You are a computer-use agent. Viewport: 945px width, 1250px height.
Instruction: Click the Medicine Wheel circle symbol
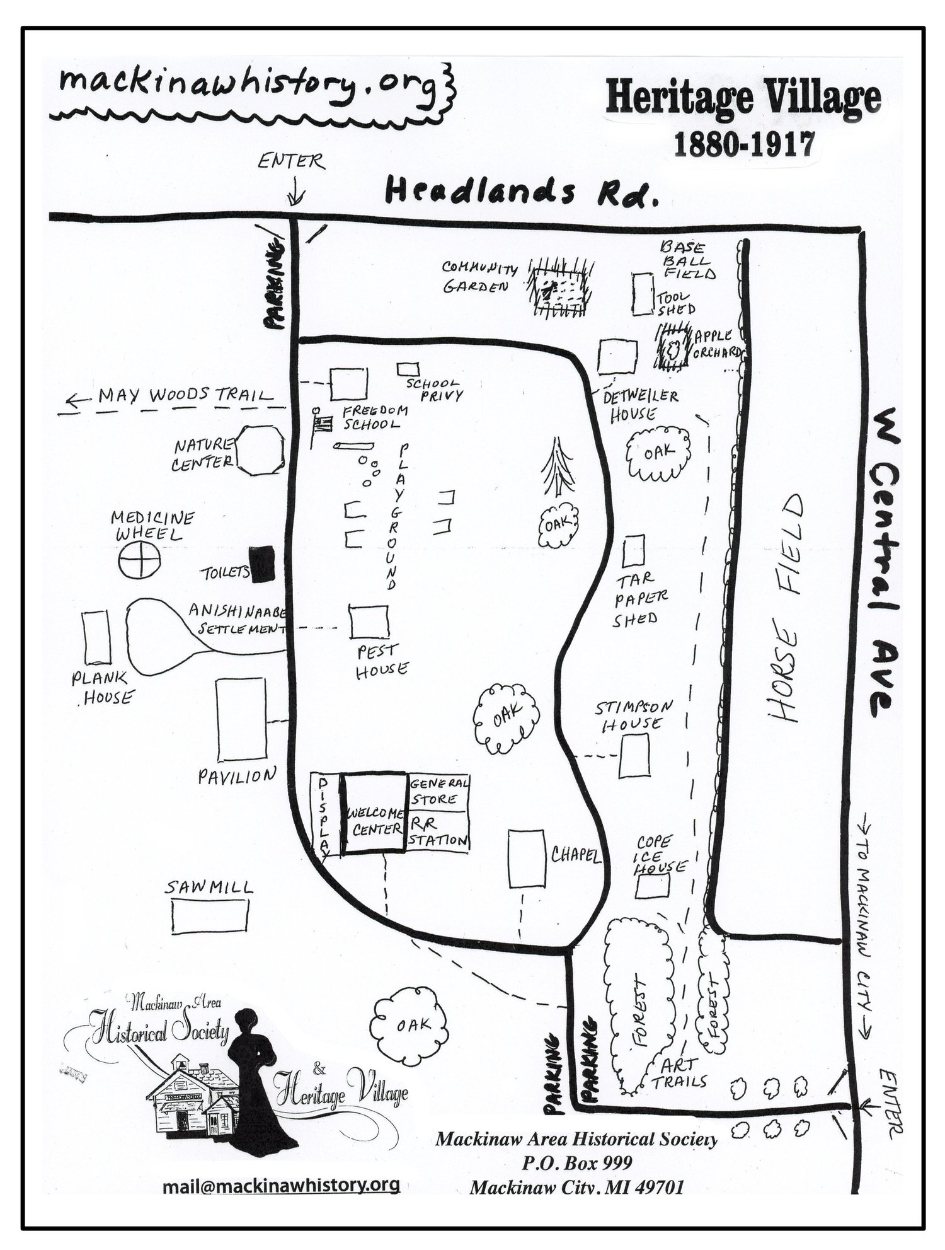[139, 560]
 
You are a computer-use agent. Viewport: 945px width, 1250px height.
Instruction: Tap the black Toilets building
[262, 564]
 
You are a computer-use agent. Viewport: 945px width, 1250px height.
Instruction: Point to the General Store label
[439, 791]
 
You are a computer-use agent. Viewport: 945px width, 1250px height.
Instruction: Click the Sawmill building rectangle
[210, 916]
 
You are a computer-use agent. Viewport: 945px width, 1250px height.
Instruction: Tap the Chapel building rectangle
[526, 859]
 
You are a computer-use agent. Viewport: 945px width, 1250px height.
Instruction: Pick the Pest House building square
[369, 622]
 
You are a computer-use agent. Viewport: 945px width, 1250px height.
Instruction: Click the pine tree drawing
[558, 467]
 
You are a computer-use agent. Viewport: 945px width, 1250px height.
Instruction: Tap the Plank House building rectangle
[97, 637]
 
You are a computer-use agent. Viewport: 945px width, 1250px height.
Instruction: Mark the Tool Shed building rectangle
[643, 294]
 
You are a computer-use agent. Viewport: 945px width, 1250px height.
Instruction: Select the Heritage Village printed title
[743, 99]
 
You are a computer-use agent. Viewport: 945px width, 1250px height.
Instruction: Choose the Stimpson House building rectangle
[634, 755]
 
